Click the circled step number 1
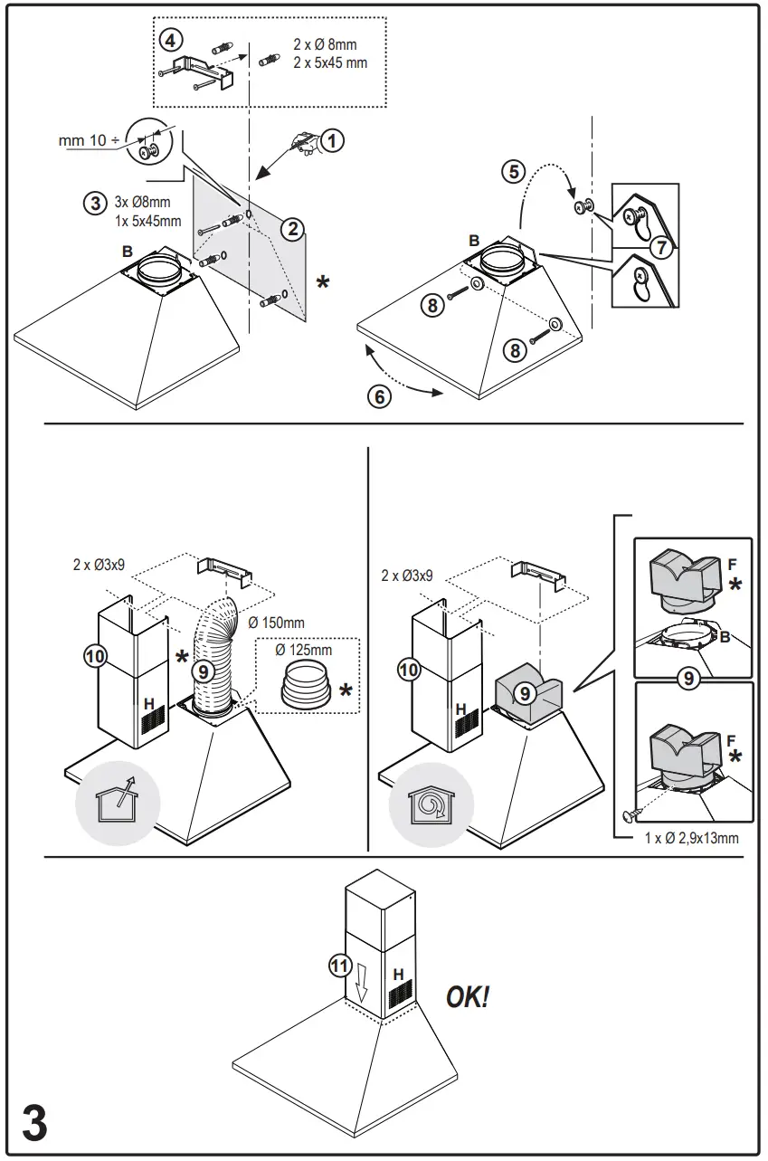(x=334, y=140)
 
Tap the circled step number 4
(x=169, y=40)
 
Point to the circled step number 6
(x=381, y=395)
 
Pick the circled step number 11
(x=338, y=966)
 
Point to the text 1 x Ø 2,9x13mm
(x=692, y=838)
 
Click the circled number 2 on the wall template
(x=291, y=229)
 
